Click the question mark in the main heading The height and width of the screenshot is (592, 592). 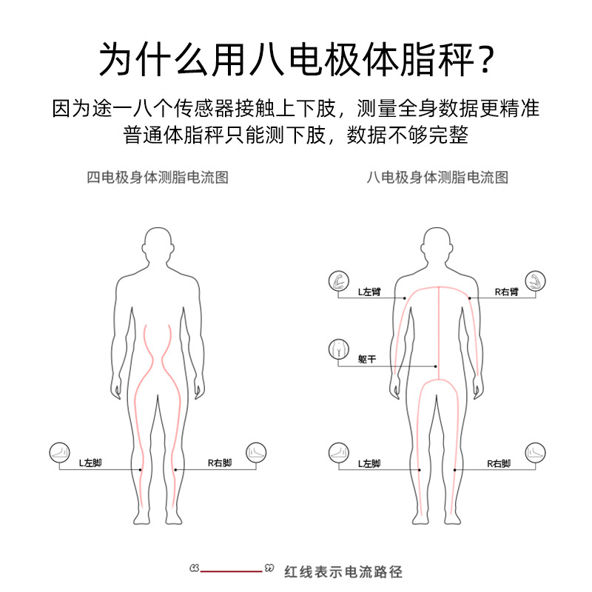[483, 59]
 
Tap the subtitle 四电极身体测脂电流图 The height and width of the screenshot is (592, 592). [157, 178]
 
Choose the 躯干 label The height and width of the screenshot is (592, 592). [367, 359]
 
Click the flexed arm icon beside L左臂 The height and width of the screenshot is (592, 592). [337, 280]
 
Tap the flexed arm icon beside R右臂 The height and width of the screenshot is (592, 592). [535, 280]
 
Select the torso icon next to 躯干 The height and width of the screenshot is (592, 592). [337, 349]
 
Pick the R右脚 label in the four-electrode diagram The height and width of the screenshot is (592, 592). [220, 463]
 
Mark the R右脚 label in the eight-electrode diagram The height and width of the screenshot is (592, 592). [499, 464]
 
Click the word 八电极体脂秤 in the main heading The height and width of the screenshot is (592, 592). [349, 59]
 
